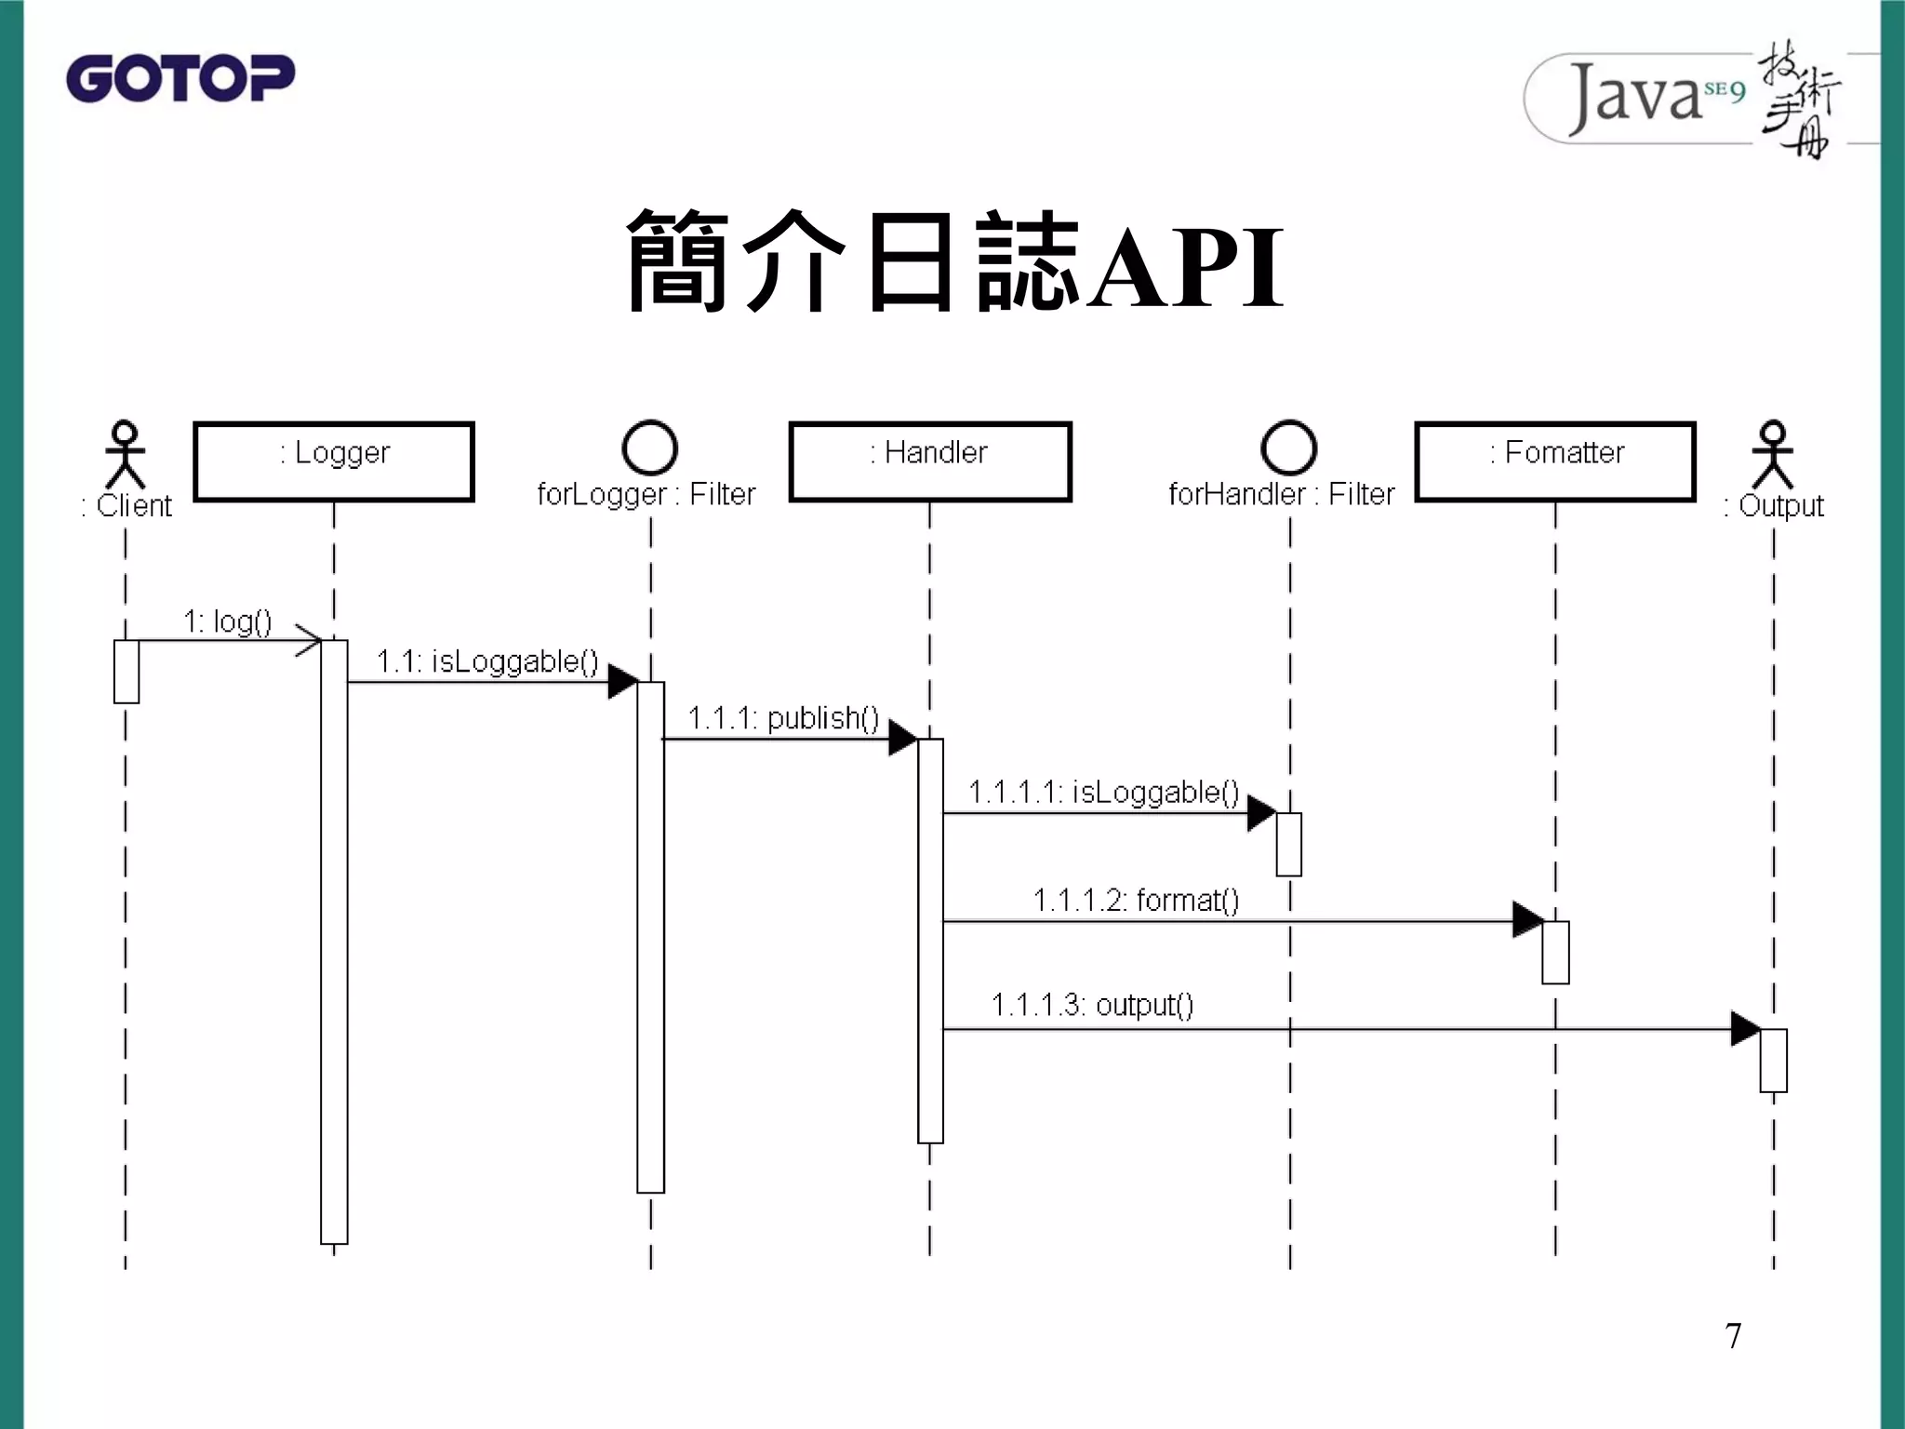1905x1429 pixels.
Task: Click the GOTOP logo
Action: tap(180, 78)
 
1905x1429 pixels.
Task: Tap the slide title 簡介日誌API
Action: tap(954, 262)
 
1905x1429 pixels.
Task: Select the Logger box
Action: tap(334, 461)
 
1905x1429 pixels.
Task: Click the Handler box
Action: tap(930, 461)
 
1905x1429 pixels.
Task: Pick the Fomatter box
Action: tap(1555, 461)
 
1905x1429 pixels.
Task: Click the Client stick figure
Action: tap(126, 455)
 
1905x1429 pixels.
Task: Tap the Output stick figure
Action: tap(1773, 455)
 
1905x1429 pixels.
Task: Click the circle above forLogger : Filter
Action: tap(649, 447)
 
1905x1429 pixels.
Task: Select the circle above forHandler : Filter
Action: tap(1288, 447)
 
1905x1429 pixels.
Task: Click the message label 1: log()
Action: tap(228, 621)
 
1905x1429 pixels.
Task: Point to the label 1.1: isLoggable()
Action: tap(487, 661)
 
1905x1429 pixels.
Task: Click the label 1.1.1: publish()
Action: tap(783, 718)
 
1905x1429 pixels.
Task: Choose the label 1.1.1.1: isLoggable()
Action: tap(1103, 792)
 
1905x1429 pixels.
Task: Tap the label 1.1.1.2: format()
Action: tap(1136, 901)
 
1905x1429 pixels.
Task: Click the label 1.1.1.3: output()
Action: tap(1092, 1006)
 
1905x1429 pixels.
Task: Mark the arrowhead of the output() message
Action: tap(1745, 1029)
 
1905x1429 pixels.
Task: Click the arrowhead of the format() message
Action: tap(1527, 920)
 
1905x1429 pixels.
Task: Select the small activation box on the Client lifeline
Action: tap(127, 671)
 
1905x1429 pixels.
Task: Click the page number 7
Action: tap(1733, 1336)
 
